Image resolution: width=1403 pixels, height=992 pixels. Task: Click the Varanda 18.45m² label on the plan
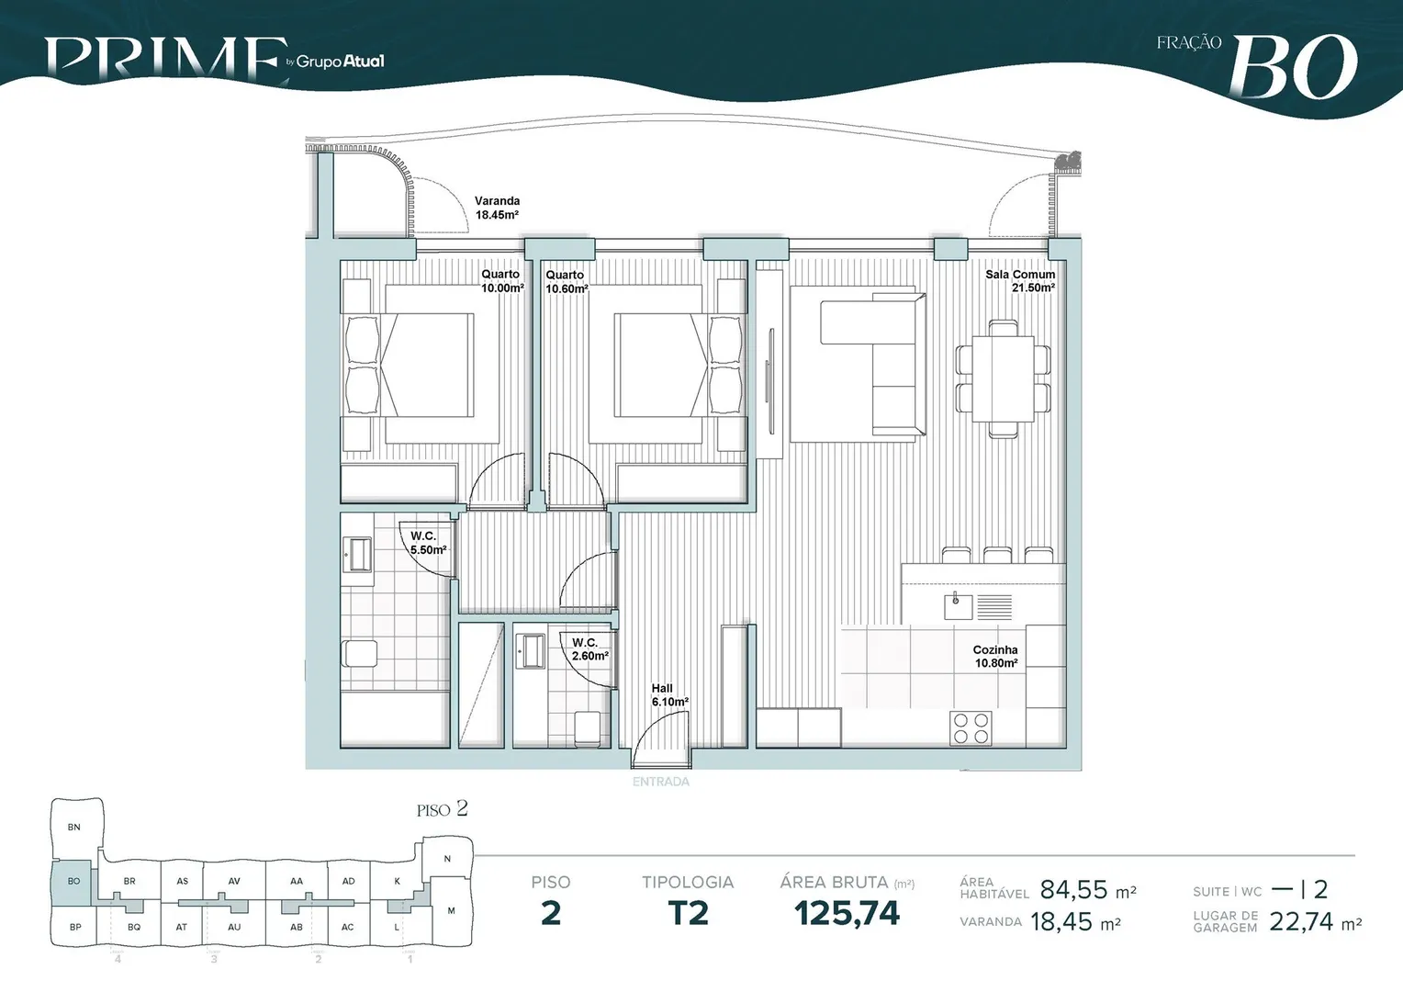tap(497, 209)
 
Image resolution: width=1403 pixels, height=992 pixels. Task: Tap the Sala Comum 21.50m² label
tap(1020, 281)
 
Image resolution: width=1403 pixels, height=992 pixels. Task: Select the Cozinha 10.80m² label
tap(995, 656)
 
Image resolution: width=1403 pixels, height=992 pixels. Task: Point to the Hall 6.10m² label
tap(669, 695)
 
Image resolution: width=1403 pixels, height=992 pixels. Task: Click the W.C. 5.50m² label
tap(429, 544)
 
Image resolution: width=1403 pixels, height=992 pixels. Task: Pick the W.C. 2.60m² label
tap(590, 649)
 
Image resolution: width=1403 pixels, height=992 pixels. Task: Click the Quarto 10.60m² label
tap(567, 282)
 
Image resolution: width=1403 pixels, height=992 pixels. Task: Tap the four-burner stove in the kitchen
tap(971, 728)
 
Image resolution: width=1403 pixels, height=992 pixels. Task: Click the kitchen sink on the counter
tap(959, 606)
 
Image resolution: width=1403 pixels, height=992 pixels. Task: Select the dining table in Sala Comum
tap(1003, 379)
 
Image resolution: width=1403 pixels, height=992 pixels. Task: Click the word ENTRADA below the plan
tap(661, 782)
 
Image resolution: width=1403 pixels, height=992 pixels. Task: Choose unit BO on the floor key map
tap(73, 881)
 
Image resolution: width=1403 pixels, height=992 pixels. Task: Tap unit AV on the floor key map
tap(234, 881)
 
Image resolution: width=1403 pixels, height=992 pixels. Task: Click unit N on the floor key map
tap(447, 859)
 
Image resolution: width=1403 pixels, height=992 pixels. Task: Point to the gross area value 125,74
tap(847, 913)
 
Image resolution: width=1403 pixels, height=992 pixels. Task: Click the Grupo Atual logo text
tap(340, 62)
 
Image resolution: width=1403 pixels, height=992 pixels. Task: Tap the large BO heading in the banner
tap(1294, 67)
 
